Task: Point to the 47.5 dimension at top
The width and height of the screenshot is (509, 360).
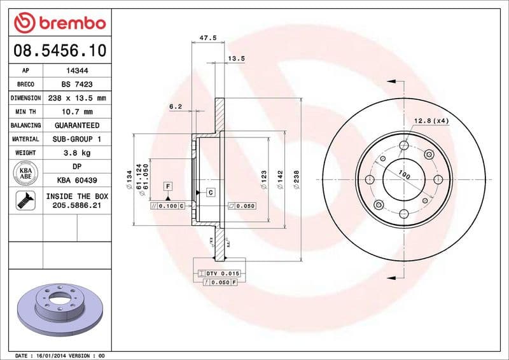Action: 208,38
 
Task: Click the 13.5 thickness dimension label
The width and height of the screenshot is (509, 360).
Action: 237,59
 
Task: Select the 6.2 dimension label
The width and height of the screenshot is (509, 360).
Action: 176,107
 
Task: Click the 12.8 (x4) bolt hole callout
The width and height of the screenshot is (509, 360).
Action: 431,120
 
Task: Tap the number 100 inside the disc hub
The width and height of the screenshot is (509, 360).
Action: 403,174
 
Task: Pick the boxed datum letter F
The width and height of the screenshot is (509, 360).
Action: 169,186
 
